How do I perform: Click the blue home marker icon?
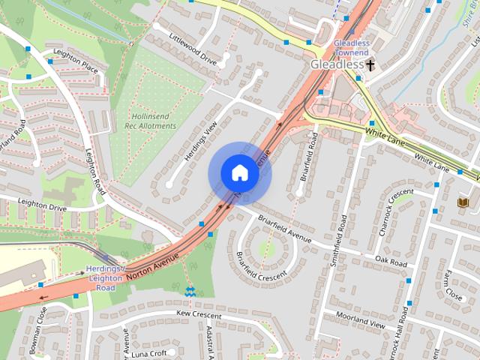pyautogui.click(x=238, y=173)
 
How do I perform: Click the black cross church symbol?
pyautogui.click(x=370, y=65)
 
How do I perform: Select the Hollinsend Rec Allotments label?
pyautogui.click(x=153, y=121)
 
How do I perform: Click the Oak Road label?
pyautogui.click(x=391, y=262)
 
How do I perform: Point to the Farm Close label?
pyautogui.click(x=453, y=284)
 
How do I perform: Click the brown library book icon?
pyautogui.click(x=462, y=202)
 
